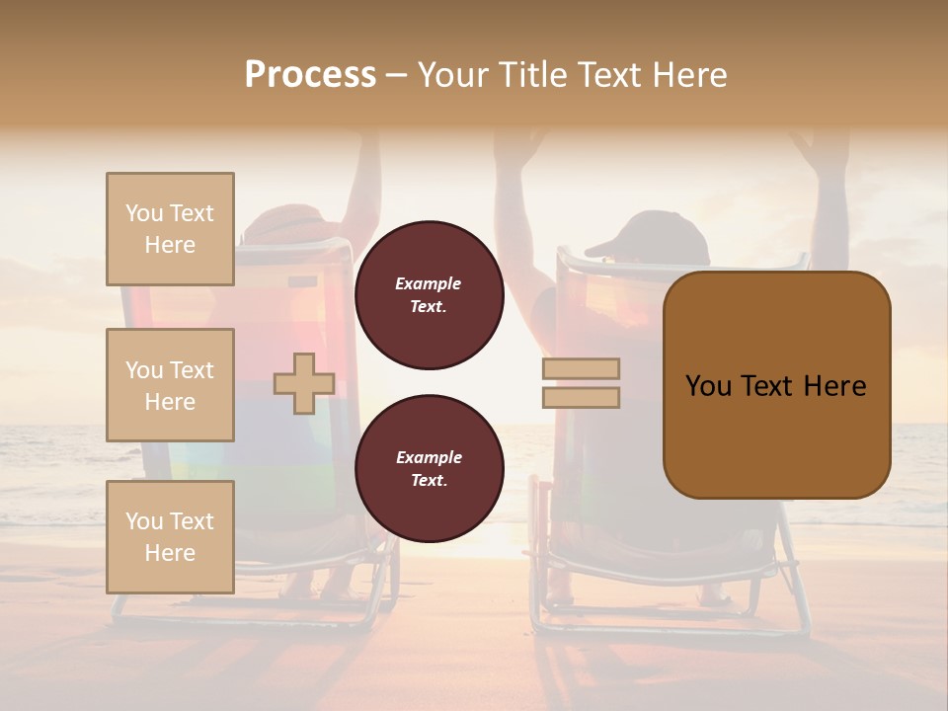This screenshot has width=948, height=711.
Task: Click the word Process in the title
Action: (310, 75)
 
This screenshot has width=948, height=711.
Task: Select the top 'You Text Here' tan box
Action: (170, 229)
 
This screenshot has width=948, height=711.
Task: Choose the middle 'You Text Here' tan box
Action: (170, 385)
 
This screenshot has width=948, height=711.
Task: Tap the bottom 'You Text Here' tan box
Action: (170, 536)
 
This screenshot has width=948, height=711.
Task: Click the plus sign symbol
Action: (303, 383)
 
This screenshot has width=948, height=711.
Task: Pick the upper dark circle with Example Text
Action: (429, 295)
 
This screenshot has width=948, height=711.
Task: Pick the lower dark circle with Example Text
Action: (429, 469)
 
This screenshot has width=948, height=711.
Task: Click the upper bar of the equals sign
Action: (582, 368)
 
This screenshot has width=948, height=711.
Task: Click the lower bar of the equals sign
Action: (582, 397)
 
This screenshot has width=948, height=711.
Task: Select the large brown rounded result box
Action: (776, 384)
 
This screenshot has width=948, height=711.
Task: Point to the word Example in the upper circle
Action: (429, 283)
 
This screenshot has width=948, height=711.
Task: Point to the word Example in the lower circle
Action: (429, 457)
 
